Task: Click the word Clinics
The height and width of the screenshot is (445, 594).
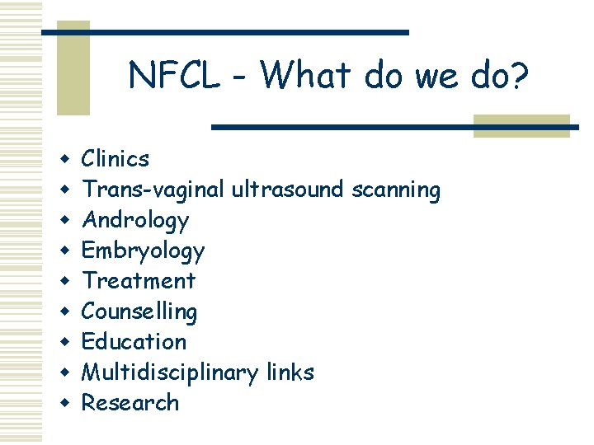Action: pos(115,158)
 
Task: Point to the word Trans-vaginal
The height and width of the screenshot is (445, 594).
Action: pos(153,190)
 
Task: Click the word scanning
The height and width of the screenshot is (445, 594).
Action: pos(396,190)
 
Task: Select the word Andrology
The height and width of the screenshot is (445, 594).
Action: pos(135,220)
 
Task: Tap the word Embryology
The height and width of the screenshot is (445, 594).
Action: pos(143,251)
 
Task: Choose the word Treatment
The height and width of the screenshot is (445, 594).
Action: pos(139,280)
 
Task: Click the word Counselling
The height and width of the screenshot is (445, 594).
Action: pos(139,311)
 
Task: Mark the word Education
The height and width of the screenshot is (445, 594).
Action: pos(134,341)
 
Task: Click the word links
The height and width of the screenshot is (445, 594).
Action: pos(290,372)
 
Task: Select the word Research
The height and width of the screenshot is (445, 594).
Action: pos(130,402)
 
